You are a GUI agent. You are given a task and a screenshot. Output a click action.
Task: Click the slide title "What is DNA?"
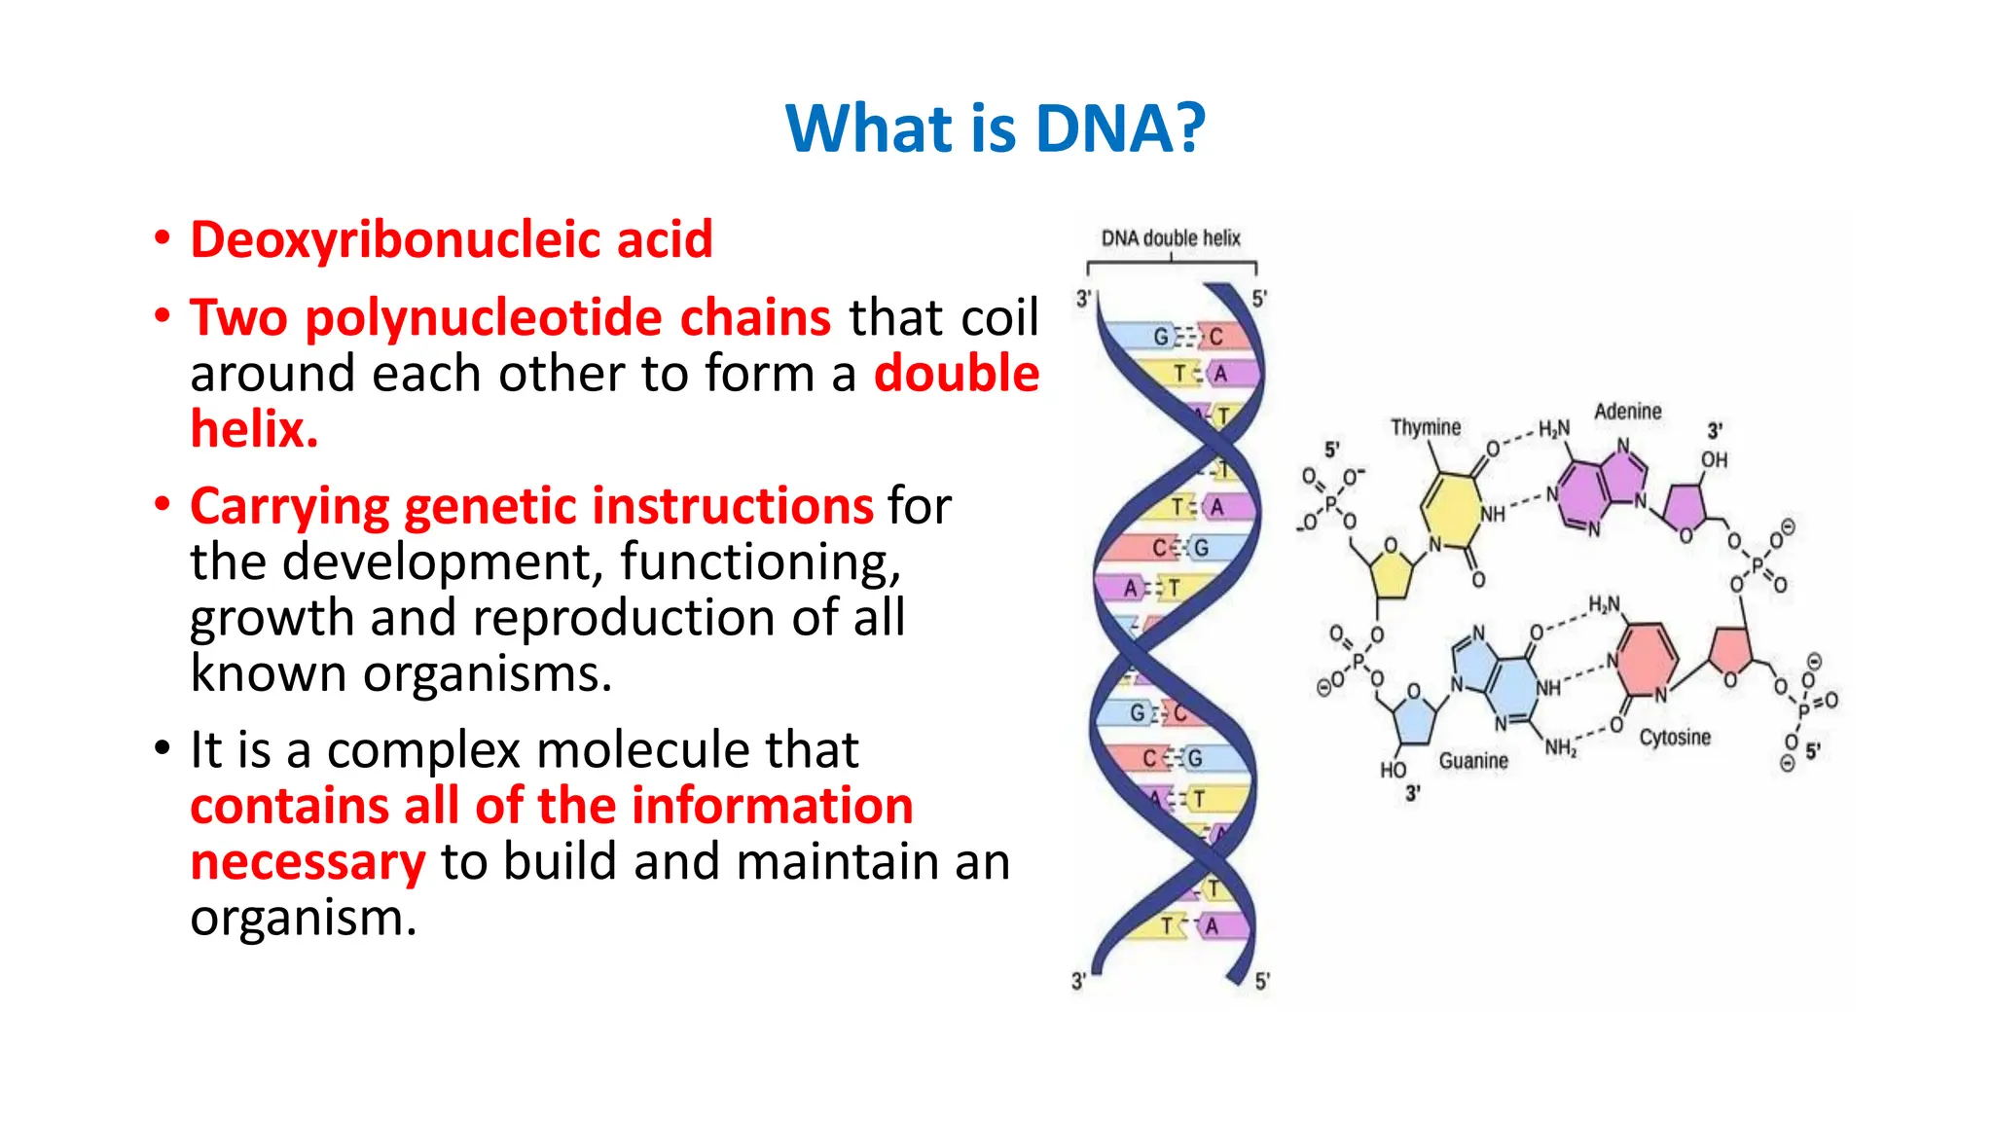click(x=996, y=128)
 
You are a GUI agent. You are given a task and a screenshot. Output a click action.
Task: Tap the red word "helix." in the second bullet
click(x=254, y=429)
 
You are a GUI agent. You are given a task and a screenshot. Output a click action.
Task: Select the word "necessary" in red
click(x=308, y=862)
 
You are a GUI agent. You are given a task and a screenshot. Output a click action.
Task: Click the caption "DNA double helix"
click(x=1171, y=238)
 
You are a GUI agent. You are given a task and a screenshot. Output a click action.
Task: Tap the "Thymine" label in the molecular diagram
click(x=1426, y=427)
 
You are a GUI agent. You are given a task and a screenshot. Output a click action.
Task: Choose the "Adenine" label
click(x=1627, y=412)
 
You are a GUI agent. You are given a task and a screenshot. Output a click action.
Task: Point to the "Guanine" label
click(x=1473, y=761)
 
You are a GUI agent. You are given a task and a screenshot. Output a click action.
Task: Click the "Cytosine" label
click(x=1675, y=738)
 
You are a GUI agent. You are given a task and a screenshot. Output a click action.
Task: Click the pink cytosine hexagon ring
click(x=1648, y=658)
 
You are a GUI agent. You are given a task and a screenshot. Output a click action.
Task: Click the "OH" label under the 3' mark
click(x=1714, y=459)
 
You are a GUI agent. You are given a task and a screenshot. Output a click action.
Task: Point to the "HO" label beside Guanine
click(x=1393, y=770)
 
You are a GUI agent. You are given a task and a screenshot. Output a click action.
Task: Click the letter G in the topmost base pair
click(x=1161, y=337)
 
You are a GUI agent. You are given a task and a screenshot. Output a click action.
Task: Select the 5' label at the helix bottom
click(x=1261, y=982)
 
